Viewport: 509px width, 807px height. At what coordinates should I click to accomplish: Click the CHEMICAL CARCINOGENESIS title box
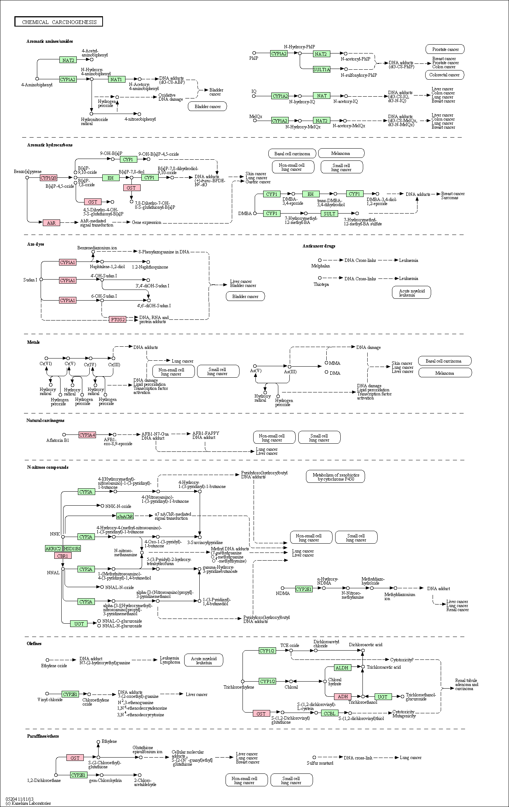[x=59, y=22]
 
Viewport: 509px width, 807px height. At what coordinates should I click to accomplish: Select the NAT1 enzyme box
[x=117, y=79]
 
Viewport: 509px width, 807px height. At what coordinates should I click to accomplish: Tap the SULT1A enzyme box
[x=321, y=69]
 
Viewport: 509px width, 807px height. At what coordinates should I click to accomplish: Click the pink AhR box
[x=51, y=223]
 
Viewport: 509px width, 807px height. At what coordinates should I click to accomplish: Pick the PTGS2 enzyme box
[x=117, y=319]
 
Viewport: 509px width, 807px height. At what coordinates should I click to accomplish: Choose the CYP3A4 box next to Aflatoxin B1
[x=87, y=435]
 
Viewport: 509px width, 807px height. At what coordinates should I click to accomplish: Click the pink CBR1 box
[x=63, y=555]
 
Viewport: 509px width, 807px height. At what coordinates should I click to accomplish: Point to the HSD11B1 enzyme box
[x=72, y=548]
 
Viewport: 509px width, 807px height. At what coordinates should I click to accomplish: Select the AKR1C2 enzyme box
[x=54, y=548]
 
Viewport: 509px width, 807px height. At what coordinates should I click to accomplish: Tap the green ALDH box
[x=342, y=668]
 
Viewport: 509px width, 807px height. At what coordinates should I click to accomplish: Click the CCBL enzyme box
[x=330, y=713]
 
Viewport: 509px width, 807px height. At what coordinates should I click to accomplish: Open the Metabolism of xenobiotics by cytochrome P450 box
[x=336, y=477]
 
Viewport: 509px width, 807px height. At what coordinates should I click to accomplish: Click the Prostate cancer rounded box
[x=445, y=49]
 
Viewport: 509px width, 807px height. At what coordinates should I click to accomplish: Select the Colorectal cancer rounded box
[x=444, y=75]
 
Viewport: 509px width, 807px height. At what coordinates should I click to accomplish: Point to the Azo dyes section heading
[x=35, y=244]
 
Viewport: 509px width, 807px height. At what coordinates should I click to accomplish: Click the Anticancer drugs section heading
[x=319, y=246]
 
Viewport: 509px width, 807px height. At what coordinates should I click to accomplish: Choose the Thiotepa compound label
[x=321, y=284]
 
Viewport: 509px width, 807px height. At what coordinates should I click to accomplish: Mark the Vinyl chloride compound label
[x=50, y=700]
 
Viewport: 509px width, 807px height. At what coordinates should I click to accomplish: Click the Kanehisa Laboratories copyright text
[x=28, y=803]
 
